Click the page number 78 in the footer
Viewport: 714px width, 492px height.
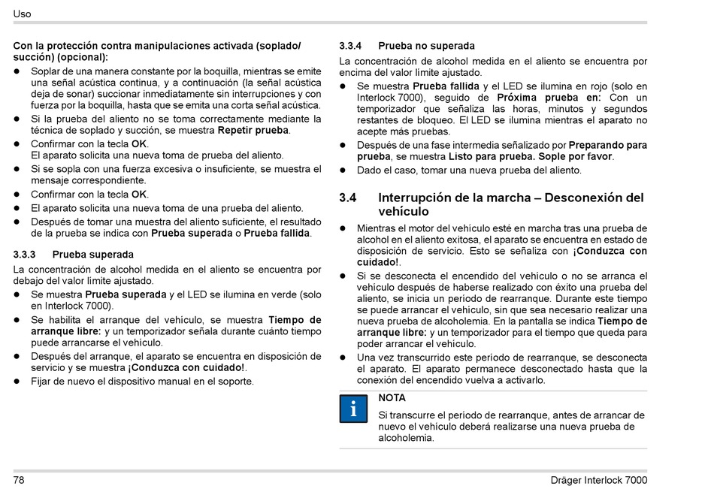pos(20,480)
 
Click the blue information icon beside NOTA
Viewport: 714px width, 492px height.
pos(353,409)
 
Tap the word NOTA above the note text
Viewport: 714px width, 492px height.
pos(392,398)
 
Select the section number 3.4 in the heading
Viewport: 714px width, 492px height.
pos(347,198)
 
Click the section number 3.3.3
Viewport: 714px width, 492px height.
pos(27,255)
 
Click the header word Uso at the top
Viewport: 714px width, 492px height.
pos(22,14)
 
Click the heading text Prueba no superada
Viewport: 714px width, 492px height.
pos(426,46)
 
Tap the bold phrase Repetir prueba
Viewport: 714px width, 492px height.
pos(253,130)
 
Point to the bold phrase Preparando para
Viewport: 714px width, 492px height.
pos(607,145)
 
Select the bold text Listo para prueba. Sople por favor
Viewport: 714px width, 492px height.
pos(531,156)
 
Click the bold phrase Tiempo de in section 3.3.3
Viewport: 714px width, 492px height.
pos(294,320)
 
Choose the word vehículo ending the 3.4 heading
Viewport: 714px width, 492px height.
pos(404,212)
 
